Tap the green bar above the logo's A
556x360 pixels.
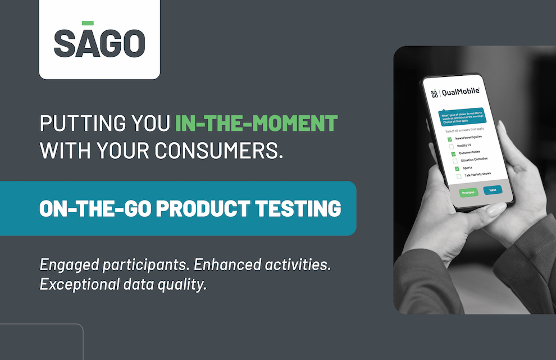pyautogui.click(x=88, y=23)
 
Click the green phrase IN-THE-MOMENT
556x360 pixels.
pyautogui.click(x=256, y=123)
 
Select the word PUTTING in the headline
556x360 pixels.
pyautogui.click(x=72, y=123)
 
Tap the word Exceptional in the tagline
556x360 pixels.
pyautogui.click(x=75, y=284)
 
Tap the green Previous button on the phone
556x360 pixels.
pyautogui.click(x=468, y=192)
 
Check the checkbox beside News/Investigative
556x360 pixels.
pyautogui.click(x=450, y=139)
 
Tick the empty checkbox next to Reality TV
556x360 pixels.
pyautogui.click(x=451, y=146)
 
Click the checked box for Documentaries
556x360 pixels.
pyautogui.click(x=453, y=153)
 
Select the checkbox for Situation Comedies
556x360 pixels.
pyautogui.click(x=455, y=161)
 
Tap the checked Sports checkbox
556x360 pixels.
pyautogui.click(x=457, y=168)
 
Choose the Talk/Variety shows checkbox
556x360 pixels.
pyautogui.click(x=459, y=176)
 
